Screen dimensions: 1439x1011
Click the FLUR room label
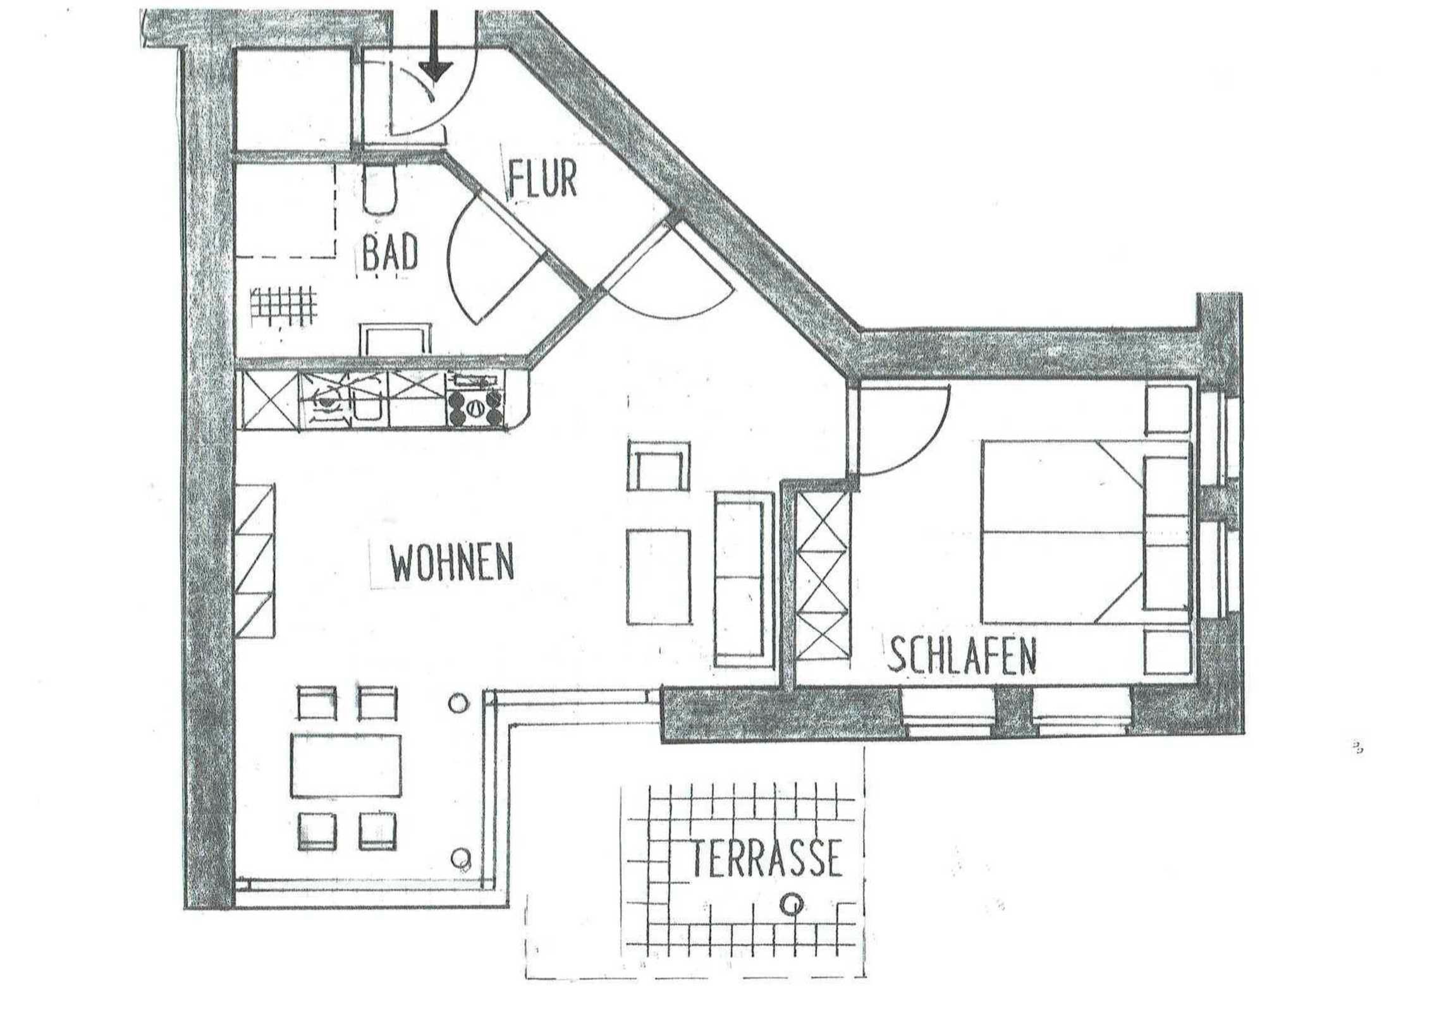[x=542, y=179]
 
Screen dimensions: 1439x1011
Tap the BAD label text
[x=390, y=252]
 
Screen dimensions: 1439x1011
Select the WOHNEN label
[x=451, y=562]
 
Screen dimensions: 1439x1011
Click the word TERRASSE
[x=765, y=857]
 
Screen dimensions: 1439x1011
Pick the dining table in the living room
[x=346, y=765]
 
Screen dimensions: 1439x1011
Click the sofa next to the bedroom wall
[x=744, y=579]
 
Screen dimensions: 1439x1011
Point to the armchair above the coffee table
[x=659, y=466]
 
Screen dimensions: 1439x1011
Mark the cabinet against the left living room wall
[x=255, y=561]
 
